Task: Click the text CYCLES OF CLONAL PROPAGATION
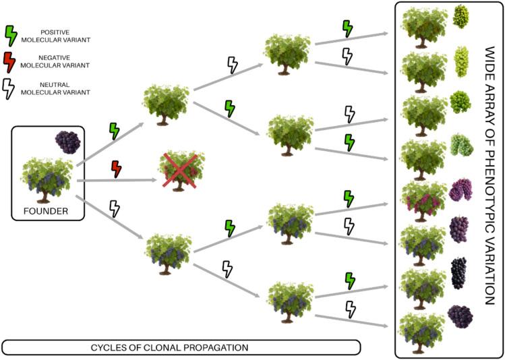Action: coord(181,347)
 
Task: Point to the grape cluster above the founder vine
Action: coord(67,142)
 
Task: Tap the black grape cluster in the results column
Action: coord(459,273)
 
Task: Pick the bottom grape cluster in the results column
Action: coord(460,316)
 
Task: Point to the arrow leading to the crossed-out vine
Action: coord(121,181)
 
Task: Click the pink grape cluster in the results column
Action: coord(461,189)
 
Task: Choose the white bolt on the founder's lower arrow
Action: coord(115,208)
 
